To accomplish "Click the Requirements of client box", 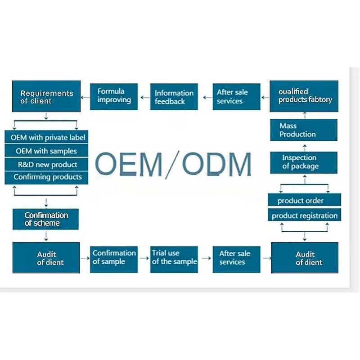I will click(46, 96).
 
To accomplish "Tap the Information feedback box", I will click(173, 97).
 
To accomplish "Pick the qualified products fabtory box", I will click(304, 96).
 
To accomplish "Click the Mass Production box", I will click(304, 130).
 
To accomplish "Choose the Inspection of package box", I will click(304, 162).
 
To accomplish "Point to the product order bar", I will click(304, 200).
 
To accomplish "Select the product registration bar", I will click(304, 216).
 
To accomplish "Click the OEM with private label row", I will click(47, 137).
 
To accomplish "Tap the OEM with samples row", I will click(47, 151).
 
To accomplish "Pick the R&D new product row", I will click(47, 164).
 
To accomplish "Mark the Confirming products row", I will click(47, 177).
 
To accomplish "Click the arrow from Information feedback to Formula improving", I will click(144, 96).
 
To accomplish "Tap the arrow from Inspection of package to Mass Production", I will click(304, 146).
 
